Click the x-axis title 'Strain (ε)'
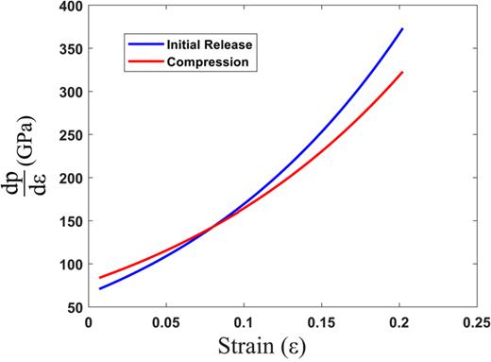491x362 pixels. click(x=281, y=347)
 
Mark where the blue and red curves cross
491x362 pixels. click(x=214, y=225)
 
